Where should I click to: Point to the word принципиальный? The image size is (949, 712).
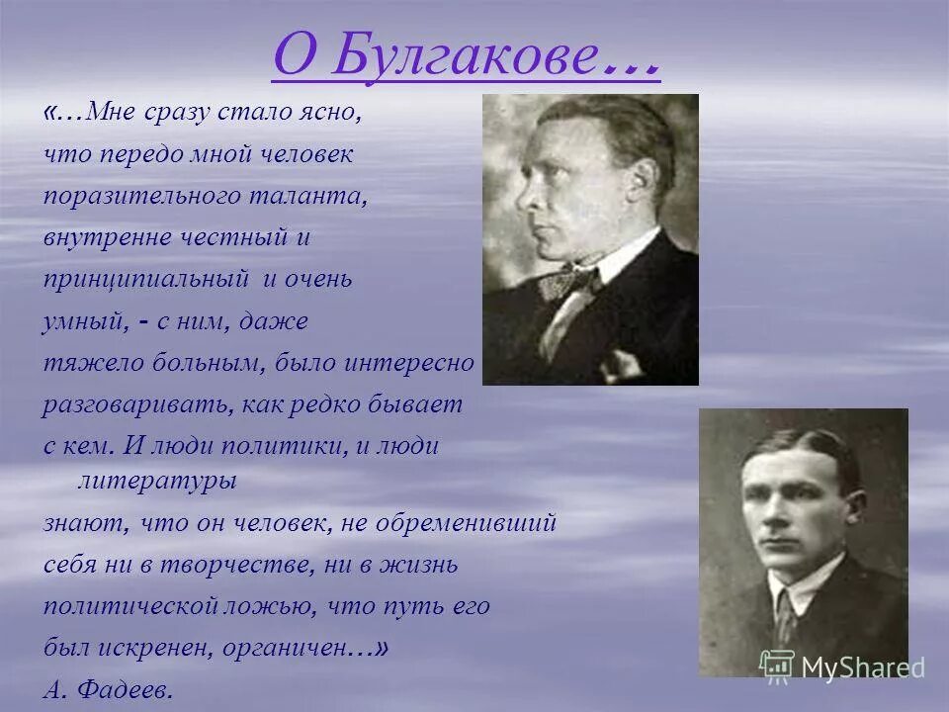point(144,280)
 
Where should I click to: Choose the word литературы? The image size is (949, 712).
point(156,481)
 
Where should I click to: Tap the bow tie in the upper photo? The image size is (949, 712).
point(570,281)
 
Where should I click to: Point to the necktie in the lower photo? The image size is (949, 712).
point(786,613)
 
